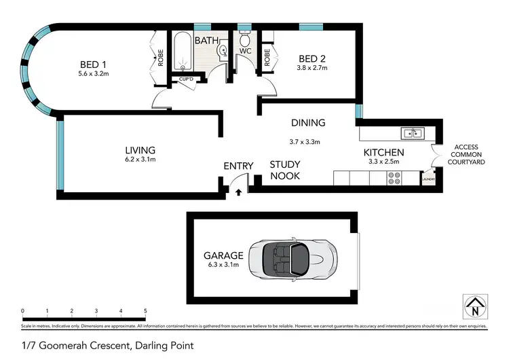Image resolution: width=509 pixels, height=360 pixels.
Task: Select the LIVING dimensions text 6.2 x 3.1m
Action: click(x=140, y=160)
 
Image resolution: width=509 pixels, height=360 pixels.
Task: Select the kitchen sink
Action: click(x=411, y=132)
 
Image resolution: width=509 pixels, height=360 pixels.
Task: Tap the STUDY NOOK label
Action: click(x=285, y=170)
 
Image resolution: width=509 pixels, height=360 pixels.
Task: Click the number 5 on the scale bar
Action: click(x=145, y=311)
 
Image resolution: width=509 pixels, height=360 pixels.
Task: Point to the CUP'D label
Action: click(x=185, y=79)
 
